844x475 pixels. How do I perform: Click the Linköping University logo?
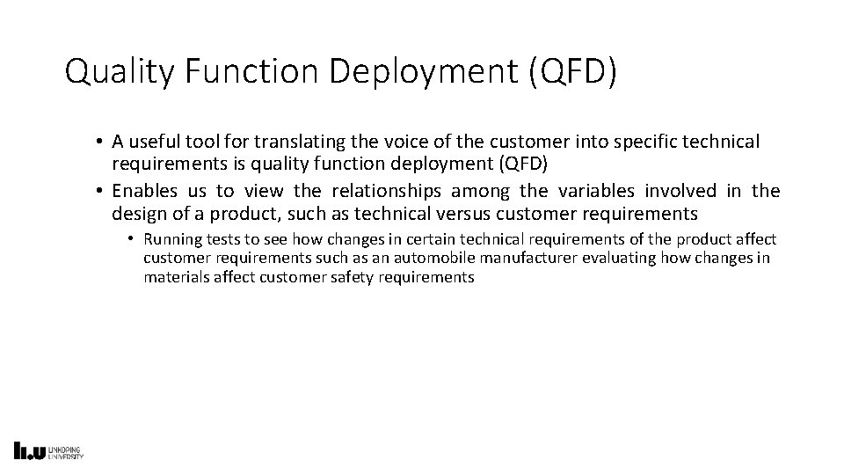pos(49,450)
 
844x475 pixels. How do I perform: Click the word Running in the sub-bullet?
pos(171,239)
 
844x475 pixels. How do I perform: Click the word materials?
pos(173,276)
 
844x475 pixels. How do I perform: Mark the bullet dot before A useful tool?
pos(102,142)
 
